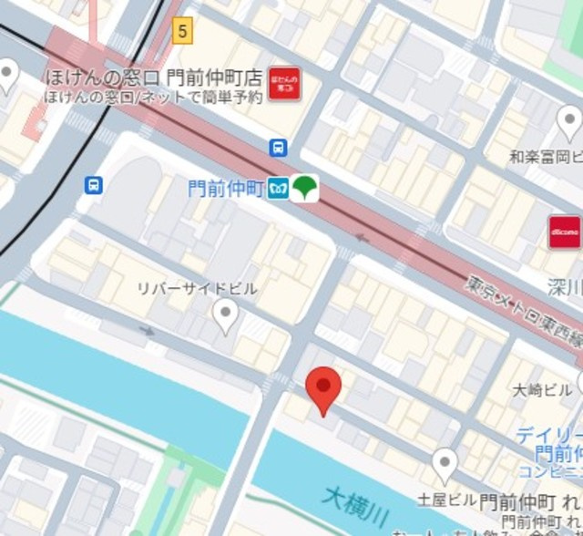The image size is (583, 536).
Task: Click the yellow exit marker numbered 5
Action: [x=184, y=31]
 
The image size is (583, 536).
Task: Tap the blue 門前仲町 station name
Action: [x=225, y=189]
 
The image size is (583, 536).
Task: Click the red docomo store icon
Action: [x=564, y=232]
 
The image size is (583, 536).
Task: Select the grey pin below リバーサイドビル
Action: [x=225, y=317]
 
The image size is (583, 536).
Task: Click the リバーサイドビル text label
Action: [x=197, y=289]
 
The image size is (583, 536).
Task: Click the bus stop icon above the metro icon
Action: [x=278, y=148]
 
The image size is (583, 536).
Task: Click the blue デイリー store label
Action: [x=548, y=435]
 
